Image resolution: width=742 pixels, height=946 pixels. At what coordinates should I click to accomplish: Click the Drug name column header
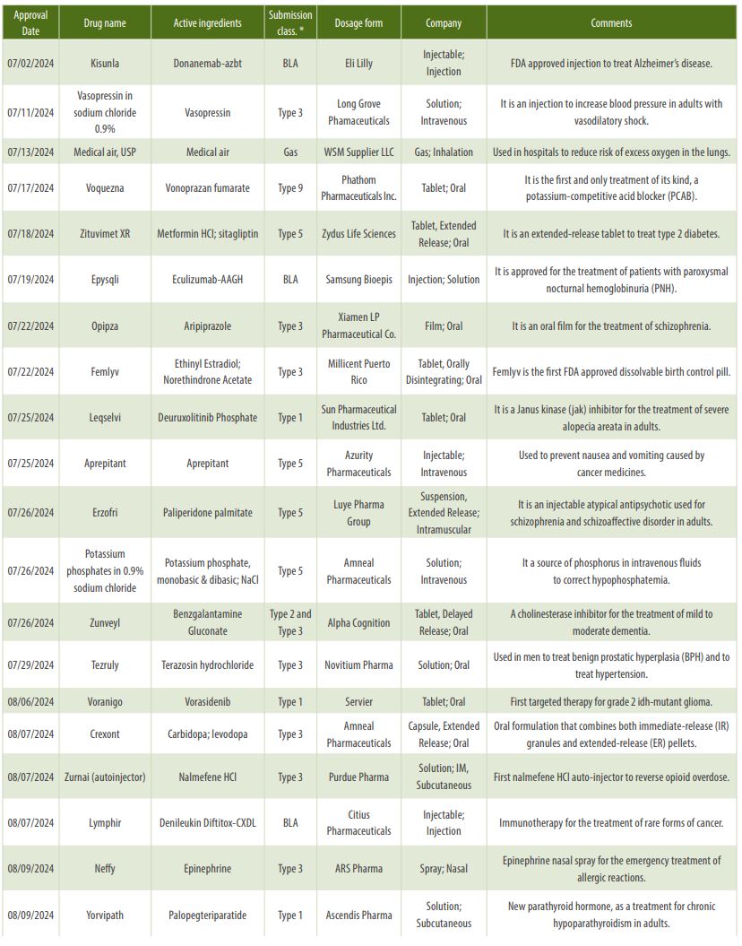pyautogui.click(x=104, y=23)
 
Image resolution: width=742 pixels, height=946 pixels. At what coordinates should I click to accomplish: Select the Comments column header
pyautogui.click(x=611, y=23)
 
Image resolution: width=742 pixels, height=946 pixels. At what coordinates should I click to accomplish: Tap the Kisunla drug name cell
pyautogui.click(x=104, y=64)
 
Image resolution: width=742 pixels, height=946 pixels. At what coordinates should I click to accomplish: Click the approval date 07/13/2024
pyautogui.click(x=30, y=152)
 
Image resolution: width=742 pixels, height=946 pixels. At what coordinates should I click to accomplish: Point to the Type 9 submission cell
pyautogui.click(x=290, y=188)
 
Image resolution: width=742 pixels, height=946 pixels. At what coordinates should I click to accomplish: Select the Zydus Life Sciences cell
pyautogui.click(x=358, y=234)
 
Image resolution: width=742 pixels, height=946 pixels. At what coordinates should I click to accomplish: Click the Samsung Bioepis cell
pyautogui.click(x=358, y=280)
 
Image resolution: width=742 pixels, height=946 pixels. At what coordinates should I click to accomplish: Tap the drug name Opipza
pyautogui.click(x=104, y=326)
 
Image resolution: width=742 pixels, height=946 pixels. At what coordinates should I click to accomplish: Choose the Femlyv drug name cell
pyautogui.click(x=104, y=372)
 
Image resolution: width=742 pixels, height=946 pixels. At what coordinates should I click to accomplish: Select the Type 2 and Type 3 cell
pyautogui.click(x=290, y=622)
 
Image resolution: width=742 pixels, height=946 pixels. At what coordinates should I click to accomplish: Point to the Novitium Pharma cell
pyautogui.click(x=358, y=665)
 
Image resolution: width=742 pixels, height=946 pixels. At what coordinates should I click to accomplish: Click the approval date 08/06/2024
pyautogui.click(x=30, y=702)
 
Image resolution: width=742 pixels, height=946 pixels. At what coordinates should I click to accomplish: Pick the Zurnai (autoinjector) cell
pyautogui.click(x=104, y=777)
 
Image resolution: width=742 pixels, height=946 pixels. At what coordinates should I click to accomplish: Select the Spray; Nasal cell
pyautogui.click(x=443, y=869)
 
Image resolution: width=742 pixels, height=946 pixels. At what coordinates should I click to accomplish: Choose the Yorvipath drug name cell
pyautogui.click(x=104, y=916)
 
